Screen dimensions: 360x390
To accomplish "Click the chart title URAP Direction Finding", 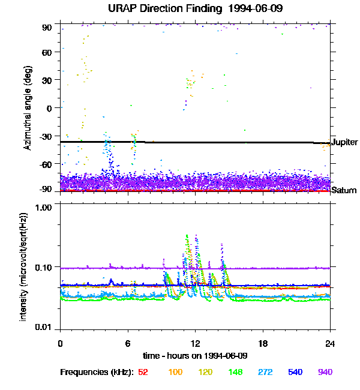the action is point(165,9).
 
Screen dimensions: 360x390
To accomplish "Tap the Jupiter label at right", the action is point(344,142).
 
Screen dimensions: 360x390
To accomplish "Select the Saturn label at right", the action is point(344,190).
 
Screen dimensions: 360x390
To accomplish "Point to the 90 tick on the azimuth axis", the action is point(47,28).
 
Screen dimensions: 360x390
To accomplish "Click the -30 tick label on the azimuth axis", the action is point(45,136).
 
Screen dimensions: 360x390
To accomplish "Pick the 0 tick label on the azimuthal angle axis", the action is point(49,109).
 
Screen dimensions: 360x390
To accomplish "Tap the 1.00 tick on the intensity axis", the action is point(43,207).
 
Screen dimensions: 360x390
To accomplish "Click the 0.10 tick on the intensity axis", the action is point(43,268).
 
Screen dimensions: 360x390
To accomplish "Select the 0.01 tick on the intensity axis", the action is point(43,327).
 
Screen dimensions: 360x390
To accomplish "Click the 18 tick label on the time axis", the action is point(263,343).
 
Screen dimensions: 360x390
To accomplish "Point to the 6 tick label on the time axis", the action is point(128,343).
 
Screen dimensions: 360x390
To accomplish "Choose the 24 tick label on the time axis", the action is point(330,343).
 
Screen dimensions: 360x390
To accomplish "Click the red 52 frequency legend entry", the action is point(143,372).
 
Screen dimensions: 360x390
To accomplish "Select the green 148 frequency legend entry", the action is point(235,372).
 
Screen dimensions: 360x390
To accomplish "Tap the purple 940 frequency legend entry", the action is point(325,372).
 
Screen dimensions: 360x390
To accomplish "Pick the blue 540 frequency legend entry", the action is point(295,372).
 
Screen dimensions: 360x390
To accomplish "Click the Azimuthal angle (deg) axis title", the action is point(28,108).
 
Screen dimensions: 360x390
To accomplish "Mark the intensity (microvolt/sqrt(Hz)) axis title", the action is point(23,267).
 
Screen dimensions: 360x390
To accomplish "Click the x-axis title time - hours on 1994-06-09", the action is point(195,356).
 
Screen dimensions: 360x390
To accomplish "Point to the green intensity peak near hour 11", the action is point(187,235).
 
